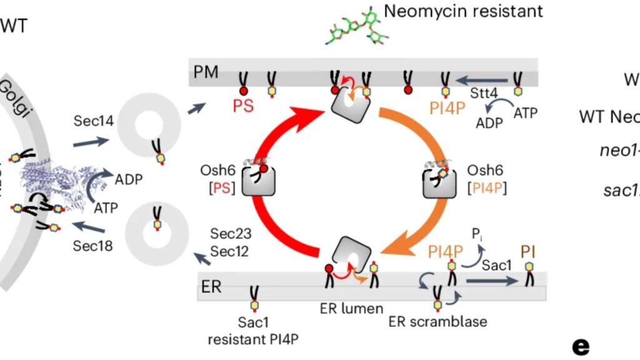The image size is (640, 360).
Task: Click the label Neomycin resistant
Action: pyautogui.click(x=463, y=11)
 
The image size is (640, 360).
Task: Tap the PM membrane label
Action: pyautogui.click(x=206, y=72)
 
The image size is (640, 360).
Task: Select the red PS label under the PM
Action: pyautogui.click(x=243, y=106)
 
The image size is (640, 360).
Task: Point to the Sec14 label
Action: pyautogui.click(x=94, y=121)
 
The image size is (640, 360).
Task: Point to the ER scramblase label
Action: pyautogui.click(x=437, y=322)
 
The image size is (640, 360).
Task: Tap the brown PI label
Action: pyautogui.click(x=529, y=252)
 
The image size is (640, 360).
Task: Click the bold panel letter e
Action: pyautogui.click(x=581, y=346)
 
